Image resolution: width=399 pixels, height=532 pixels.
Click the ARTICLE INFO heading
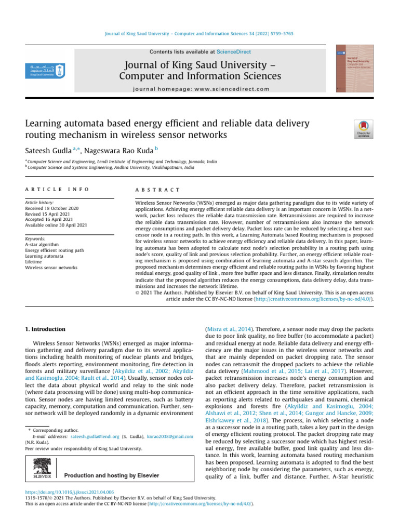click(57, 190)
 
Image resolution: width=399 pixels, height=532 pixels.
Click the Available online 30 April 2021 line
click(56, 225)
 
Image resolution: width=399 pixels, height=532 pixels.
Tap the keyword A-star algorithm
click(42, 244)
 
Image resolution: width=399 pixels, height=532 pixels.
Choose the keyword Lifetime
click(35, 262)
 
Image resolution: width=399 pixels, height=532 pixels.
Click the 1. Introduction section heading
click(45, 329)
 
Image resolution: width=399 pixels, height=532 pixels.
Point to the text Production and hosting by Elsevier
click(111, 475)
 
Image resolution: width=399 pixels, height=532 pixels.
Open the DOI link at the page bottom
click(70, 491)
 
